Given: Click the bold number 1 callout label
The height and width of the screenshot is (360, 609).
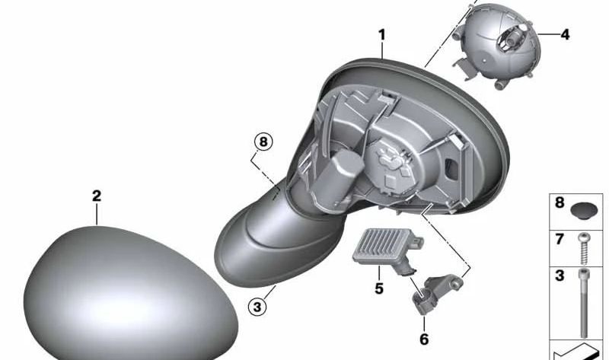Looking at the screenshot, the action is point(382,35).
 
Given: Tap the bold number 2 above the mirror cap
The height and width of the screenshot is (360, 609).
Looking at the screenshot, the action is point(97,196).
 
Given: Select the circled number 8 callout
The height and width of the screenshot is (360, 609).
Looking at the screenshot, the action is point(263,142).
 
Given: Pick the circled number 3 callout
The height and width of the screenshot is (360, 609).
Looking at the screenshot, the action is point(257,307).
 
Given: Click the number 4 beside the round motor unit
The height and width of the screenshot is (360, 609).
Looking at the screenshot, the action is point(565,35).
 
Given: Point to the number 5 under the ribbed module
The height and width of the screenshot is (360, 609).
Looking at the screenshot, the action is point(379,288).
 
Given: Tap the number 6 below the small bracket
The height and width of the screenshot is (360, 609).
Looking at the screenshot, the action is point(424,339).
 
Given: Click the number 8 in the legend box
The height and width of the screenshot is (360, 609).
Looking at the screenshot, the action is point(560,202).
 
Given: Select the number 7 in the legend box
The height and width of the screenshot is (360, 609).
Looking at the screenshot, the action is point(560,239).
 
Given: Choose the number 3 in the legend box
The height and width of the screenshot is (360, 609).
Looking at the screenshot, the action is point(560,276).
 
